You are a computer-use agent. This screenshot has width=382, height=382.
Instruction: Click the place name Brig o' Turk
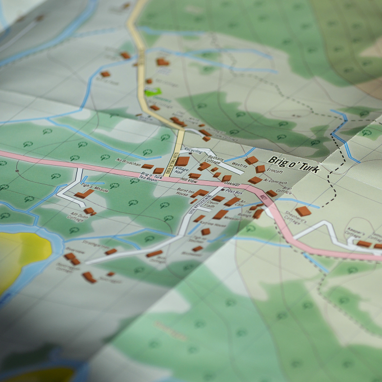click(293, 163)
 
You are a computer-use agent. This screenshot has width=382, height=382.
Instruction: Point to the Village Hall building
click(183, 162)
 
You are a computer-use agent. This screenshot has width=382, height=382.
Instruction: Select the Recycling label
click(193, 152)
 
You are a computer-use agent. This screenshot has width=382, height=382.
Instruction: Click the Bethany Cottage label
click(215, 160)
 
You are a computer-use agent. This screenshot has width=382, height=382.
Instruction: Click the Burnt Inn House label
click(185, 193)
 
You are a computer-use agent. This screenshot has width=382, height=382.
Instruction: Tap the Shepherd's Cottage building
click(303, 211)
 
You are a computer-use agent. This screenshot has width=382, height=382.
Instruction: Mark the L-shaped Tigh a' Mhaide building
click(84, 194)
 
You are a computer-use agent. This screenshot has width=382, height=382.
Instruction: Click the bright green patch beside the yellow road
click(152, 90)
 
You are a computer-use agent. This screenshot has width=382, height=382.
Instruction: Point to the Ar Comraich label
click(275, 183)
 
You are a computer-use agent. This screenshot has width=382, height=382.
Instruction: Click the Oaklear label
click(233, 183)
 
